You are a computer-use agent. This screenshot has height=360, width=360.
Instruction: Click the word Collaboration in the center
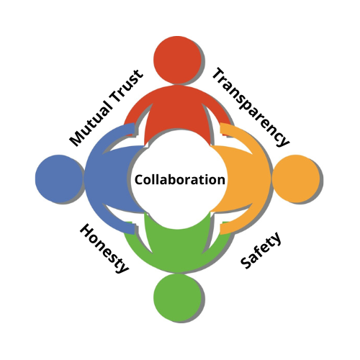pos(180,179)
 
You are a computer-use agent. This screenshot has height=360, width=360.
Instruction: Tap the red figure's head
pos(178,60)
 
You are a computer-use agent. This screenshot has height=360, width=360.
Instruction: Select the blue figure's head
pos(59,179)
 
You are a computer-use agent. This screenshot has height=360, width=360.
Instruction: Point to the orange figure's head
pos(296,179)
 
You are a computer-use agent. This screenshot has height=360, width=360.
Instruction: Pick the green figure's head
pos(178,297)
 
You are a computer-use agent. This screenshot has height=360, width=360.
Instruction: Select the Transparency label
pos(251,107)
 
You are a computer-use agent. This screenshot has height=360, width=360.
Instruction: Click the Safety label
pos(261,250)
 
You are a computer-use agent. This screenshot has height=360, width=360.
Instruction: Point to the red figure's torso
pos(178,113)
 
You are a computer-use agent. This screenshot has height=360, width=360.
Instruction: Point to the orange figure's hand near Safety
pos(225,228)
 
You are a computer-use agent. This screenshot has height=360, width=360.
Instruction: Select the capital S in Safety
pos(246,264)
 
